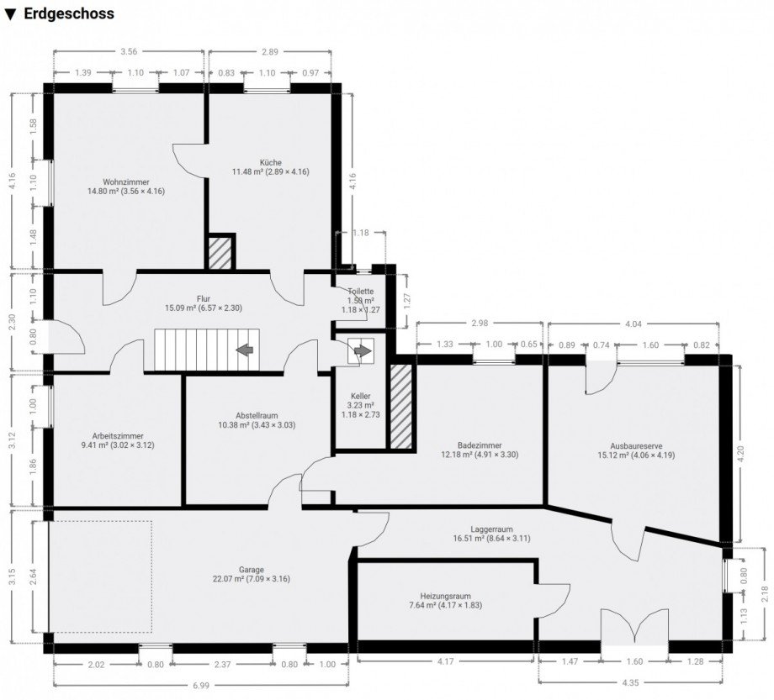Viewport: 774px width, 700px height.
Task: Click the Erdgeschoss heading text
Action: (68, 14)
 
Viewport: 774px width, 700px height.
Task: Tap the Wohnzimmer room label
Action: (126, 182)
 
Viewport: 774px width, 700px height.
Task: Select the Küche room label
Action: (271, 162)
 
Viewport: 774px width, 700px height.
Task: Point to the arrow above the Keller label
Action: (361, 352)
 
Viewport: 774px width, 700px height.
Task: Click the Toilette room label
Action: (361, 292)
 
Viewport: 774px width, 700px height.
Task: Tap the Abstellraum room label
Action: (257, 415)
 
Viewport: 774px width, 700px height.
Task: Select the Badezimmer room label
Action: (480, 445)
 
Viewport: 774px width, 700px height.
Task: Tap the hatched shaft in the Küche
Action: (220, 252)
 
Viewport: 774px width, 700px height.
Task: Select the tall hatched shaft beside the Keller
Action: (401, 405)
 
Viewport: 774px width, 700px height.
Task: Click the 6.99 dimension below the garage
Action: (200, 686)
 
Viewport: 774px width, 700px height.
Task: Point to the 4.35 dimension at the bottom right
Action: (629, 682)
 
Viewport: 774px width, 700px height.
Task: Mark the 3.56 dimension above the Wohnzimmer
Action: (129, 52)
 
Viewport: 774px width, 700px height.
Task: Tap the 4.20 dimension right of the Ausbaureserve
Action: (740, 450)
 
